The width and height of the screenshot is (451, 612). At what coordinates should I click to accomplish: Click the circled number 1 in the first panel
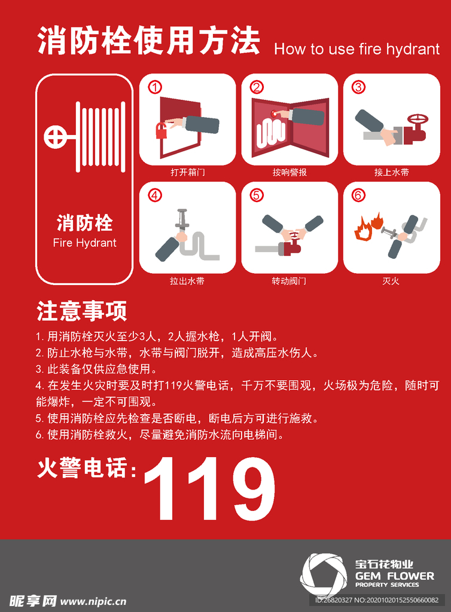click(155, 87)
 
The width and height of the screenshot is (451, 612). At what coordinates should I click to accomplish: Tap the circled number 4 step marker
click(155, 195)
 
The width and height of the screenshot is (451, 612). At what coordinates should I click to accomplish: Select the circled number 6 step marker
click(358, 195)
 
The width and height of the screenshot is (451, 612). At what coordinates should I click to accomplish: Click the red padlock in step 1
click(162, 131)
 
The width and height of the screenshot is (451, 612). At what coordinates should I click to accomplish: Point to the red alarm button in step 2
click(274, 114)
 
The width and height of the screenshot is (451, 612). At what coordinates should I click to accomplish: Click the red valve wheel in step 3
click(418, 120)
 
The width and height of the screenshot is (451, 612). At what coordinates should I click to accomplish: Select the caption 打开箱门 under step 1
click(187, 172)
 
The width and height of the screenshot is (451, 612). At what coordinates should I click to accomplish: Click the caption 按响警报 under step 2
click(290, 172)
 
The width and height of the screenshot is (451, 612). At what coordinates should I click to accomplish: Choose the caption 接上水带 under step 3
click(391, 172)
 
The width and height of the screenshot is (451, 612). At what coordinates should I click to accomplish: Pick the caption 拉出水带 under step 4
click(187, 281)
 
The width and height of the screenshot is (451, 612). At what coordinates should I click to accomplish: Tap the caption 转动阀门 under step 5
click(289, 281)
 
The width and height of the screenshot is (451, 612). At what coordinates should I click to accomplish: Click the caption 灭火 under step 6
click(391, 281)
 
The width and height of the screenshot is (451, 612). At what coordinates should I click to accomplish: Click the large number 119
click(210, 488)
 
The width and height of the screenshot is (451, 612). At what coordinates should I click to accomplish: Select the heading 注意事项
click(81, 311)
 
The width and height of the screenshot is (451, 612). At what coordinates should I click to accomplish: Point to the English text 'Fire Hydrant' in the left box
click(85, 243)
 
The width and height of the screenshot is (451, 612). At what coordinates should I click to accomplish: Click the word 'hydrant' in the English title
click(413, 50)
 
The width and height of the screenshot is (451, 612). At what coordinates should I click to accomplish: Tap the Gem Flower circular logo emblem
click(324, 575)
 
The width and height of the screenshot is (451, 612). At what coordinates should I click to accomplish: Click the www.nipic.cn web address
click(93, 601)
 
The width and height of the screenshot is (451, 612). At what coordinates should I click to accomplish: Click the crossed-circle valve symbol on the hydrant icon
click(55, 137)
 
